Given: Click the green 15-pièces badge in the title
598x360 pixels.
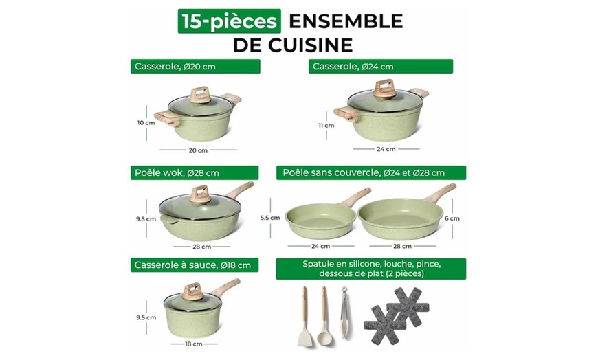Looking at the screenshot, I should coord(230,21).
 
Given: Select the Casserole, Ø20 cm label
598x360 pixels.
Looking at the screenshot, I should coord(196,67).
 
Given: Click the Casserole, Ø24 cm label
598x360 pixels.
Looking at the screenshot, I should coord(381,67).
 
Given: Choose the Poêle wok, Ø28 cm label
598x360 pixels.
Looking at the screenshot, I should coord(194,173).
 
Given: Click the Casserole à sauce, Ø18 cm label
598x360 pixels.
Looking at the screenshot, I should coord(195,265).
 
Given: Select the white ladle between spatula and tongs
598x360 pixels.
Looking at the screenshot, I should coord(324,316).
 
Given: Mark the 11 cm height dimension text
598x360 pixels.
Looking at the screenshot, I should coord(326,125).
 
